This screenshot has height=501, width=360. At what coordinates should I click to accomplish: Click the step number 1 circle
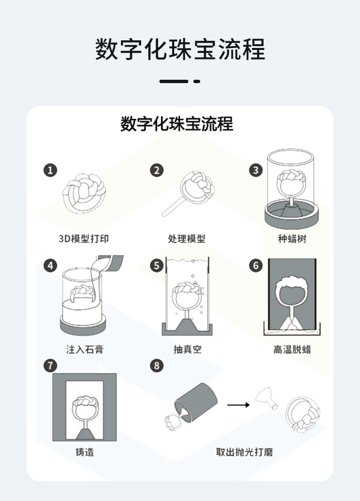[50, 170]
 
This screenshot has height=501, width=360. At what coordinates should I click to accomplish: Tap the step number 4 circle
[50, 265]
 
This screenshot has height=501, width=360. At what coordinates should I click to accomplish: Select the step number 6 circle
[256, 265]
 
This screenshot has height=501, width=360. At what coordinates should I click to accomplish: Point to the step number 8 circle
[156, 366]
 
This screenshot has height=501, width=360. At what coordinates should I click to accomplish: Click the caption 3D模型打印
[87, 238]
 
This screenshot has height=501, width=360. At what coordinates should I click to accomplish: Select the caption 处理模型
[187, 238]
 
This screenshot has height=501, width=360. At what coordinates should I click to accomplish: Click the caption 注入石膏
[84, 349]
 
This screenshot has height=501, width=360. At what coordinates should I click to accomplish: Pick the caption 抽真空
[187, 349]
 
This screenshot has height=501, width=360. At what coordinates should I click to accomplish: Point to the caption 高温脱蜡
[292, 349]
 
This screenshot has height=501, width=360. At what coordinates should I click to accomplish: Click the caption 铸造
[84, 452]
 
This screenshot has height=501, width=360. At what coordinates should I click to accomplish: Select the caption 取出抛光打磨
[245, 452]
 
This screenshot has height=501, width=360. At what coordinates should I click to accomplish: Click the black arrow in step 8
[238, 405]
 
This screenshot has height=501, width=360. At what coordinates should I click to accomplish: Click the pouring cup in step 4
[109, 264]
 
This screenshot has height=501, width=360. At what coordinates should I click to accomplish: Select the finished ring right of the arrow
[303, 414]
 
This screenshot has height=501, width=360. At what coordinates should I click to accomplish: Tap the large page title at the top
[180, 50]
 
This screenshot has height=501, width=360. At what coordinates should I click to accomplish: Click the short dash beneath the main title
[196, 82]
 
